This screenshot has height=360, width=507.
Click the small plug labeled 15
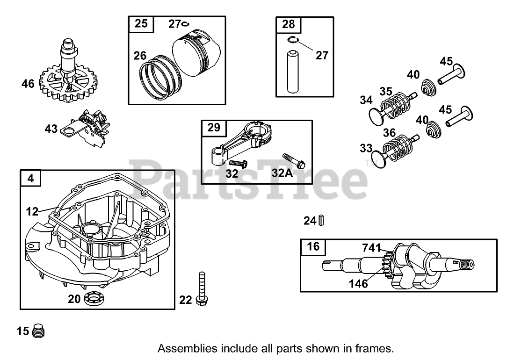39,331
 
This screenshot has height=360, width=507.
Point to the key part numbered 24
322,220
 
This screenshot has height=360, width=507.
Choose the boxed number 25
141,23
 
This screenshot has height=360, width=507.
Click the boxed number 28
288,24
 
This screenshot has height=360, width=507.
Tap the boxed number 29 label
214,127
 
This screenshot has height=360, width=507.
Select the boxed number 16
313,246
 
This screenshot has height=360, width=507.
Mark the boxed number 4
31,178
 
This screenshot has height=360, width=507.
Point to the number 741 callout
372,248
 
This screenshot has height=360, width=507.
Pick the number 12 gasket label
31,212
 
